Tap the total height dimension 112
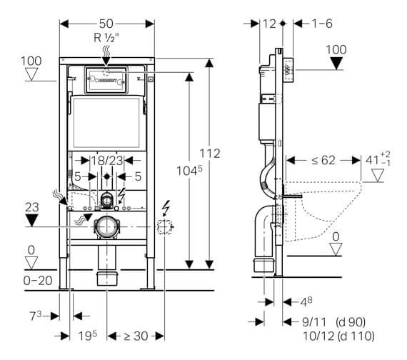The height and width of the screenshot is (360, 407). click(x=210, y=154)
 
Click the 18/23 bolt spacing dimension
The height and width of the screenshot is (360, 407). click(x=106, y=162)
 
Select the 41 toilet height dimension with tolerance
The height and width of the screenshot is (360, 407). click(x=373, y=159)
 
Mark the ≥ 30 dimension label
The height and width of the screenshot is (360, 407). click(x=136, y=335)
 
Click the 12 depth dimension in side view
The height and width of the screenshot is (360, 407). click(x=269, y=23)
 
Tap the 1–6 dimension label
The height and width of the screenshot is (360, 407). click(x=321, y=23)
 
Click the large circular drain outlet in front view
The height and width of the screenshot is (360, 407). click(x=107, y=226)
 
